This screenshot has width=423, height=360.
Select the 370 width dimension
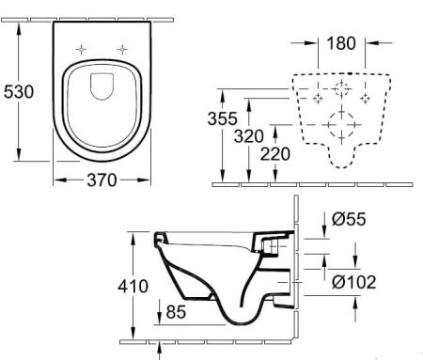(x=99, y=180)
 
